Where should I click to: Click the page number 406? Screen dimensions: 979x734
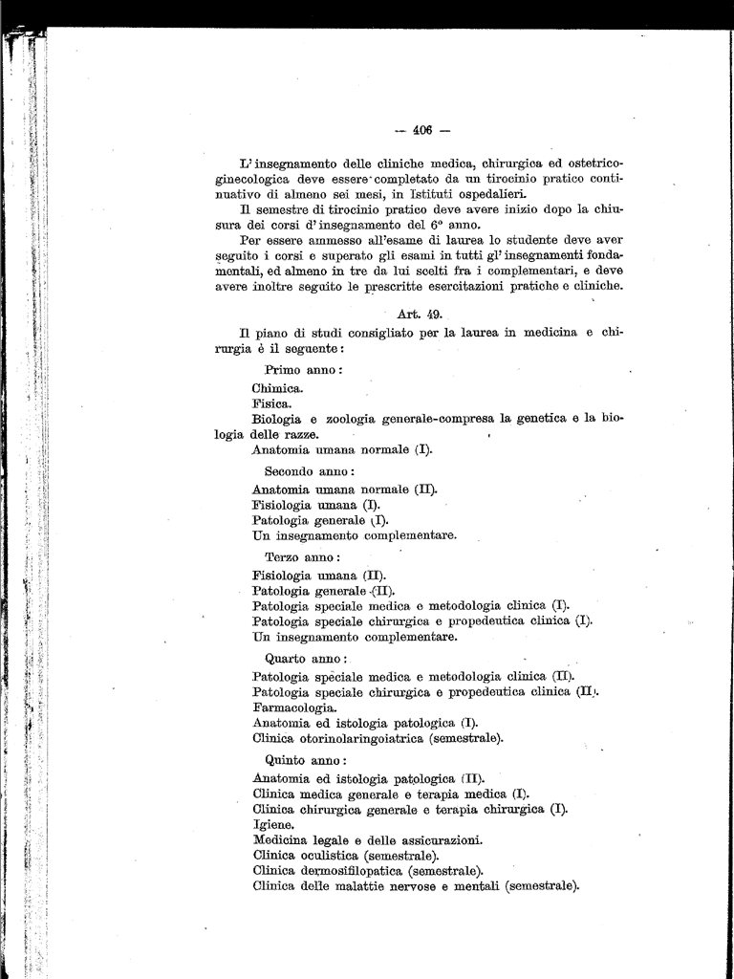coord(424,131)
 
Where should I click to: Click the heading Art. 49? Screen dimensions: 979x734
coord(416,313)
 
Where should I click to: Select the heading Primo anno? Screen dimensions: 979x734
coord(303,370)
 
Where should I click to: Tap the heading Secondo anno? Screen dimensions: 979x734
coord(310,471)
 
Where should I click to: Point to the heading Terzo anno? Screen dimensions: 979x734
coord(302,556)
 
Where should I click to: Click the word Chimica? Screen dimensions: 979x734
coord(278,388)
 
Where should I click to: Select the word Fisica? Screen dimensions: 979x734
coord(271,403)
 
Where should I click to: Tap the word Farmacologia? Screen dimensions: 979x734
coord(294,707)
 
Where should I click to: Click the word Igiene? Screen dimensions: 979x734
coord(273,824)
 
